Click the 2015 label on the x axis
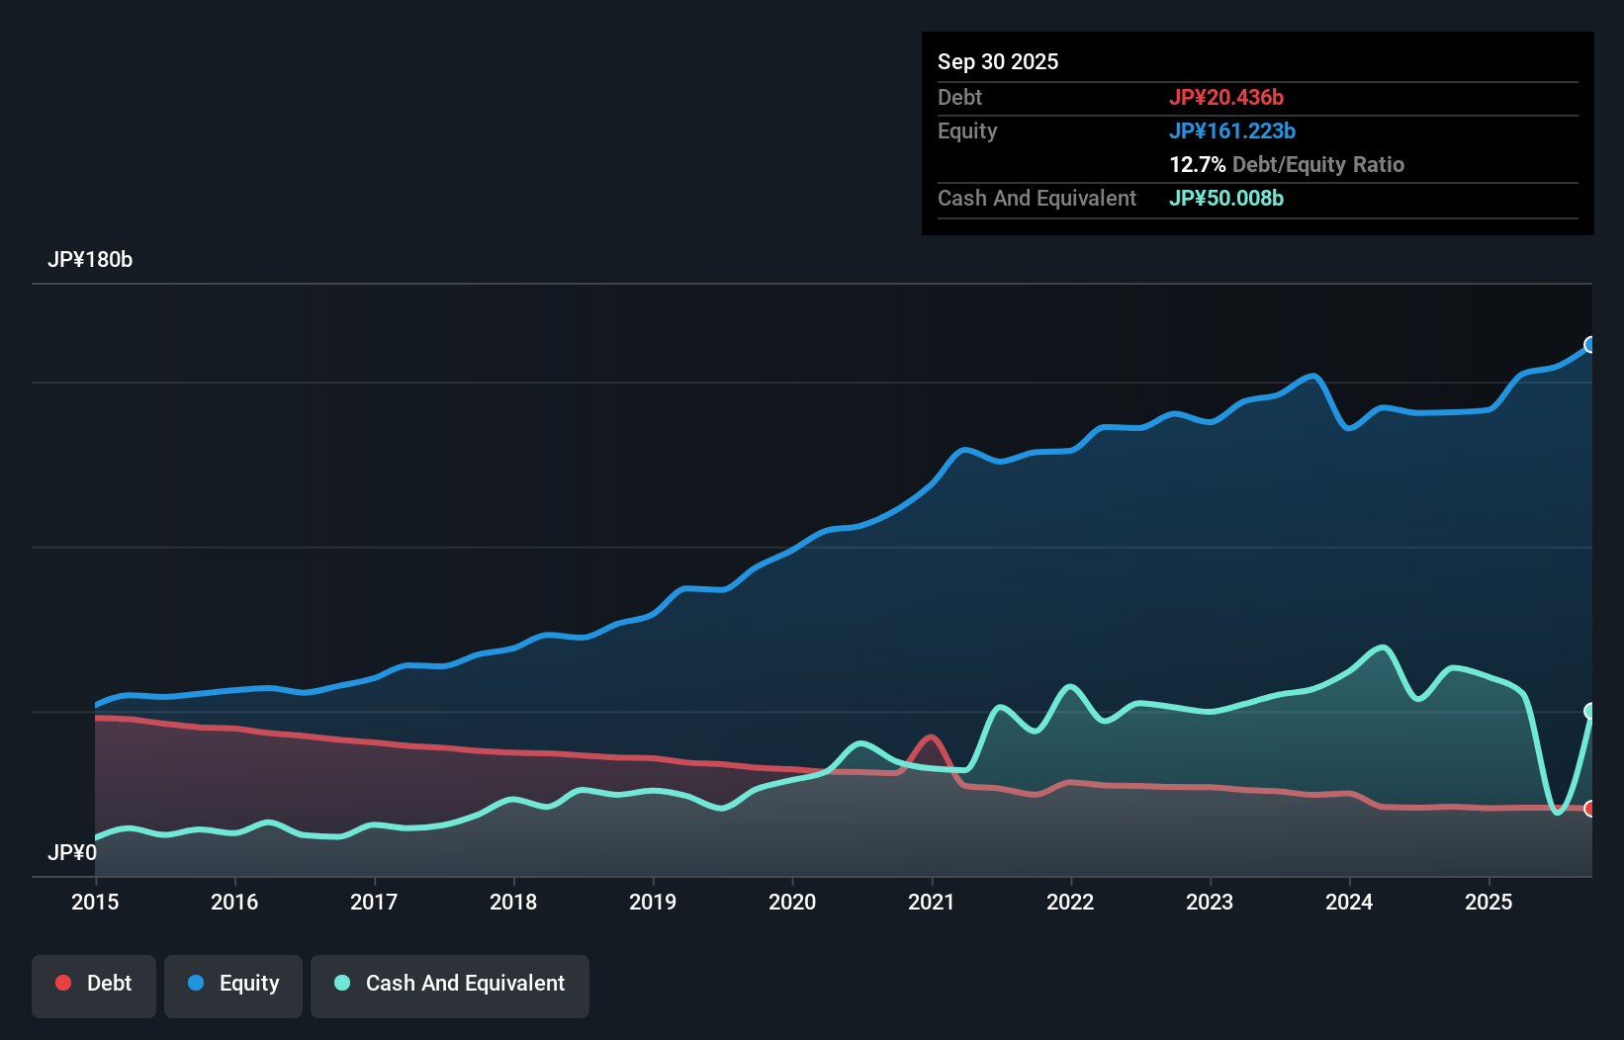pyautogui.click(x=95, y=902)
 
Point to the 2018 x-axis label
pyautogui.click(x=513, y=902)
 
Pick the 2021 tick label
pyautogui.click(x=932, y=902)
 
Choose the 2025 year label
pyautogui.click(x=1489, y=902)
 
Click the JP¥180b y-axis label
pyautogui.click(x=90, y=260)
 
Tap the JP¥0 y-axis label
pyautogui.click(x=72, y=852)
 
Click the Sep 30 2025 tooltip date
pyautogui.click(x=998, y=62)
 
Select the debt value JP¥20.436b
pyautogui.click(x=1226, y=98)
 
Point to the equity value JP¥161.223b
pyautogui.click(x=1232, y=131)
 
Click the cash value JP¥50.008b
pyautogui.click(x=1226, y=199)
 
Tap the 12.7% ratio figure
pyautogui.click(x=1198, y=165)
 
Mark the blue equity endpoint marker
pyautogui.click(x=1590, y=345)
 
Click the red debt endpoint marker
pyautogui.click(x=1590, y=809)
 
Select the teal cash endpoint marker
pyautogui.click(x=1590, y=711)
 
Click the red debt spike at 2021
pyautogui.click(x=930, y=737)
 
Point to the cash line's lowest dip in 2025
pyautogui.click(x=1558, y=812)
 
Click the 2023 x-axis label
pyautogui.click(x=1210, y=902)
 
